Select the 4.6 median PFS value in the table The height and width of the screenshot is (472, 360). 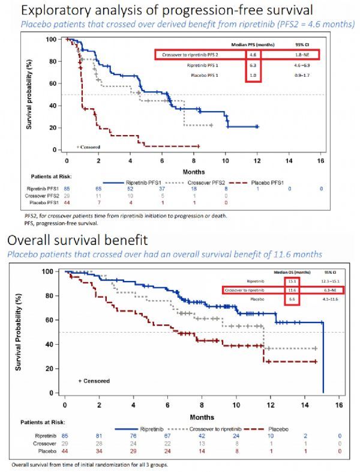click(x=253, y=55)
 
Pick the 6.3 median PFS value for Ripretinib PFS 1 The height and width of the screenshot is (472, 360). click(x=253, y=64)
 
